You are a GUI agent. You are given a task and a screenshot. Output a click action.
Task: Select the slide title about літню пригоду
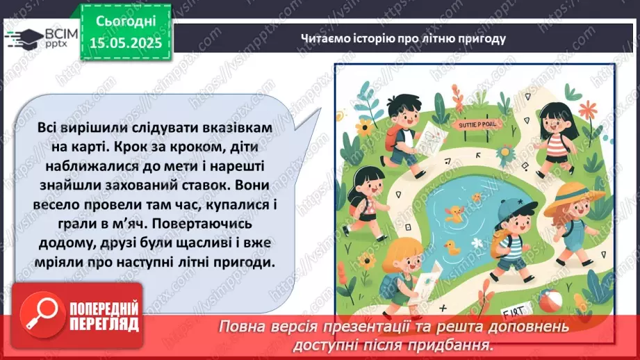403,38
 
